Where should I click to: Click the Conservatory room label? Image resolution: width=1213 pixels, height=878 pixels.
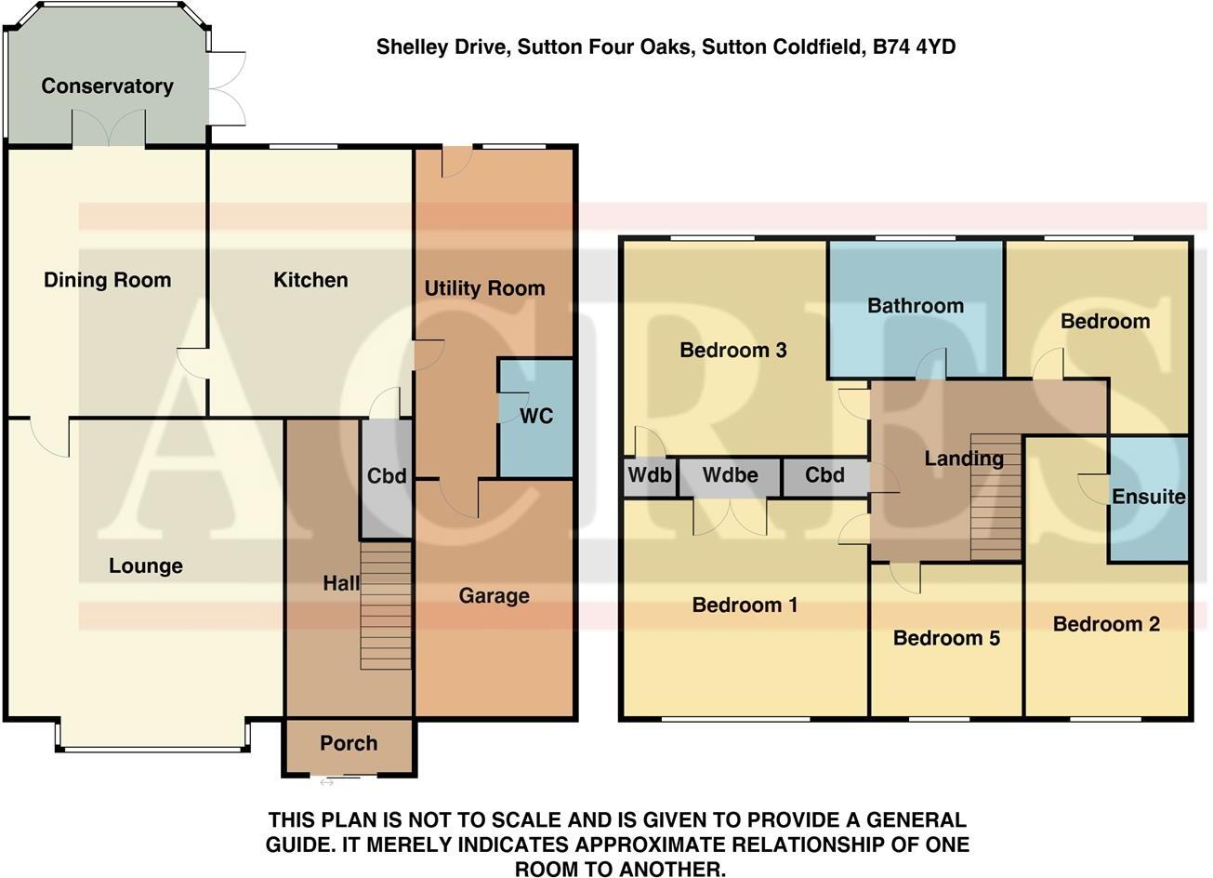pyautogui.click(x=107, y=86)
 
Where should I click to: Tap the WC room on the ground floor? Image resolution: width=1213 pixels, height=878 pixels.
pyautogui.click(x=535, y=416)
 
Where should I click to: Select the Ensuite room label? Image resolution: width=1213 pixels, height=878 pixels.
pyautogui.click(x=1149, y=497)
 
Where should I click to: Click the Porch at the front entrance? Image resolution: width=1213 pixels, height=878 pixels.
pyautogui.click(x=349, y=743)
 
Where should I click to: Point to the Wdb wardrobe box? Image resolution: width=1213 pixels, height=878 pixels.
pyautogui.click(x=649, y=476)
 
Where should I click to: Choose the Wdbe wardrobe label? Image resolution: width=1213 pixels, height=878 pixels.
pyautogui.click(x=730, y=476)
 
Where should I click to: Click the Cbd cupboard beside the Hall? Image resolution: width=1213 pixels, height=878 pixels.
pyautogui.click(x=387, y=476)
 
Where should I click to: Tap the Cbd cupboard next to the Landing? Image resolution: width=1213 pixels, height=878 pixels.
pyautogui.click(x=824, y=476)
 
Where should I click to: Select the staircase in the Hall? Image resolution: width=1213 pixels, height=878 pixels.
pyautogui.click(x=386, y=605)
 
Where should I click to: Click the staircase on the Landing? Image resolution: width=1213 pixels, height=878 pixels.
pyautogui.click(x=995, y=498)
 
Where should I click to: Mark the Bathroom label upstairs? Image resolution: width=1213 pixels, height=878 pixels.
pyautogui.click(x=916, y=306)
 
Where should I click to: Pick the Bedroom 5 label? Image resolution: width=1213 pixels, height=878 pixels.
pyautogui.click(x=946, y=638)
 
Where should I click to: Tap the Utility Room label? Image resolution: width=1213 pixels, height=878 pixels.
pyautogui.click(x=484, y=288)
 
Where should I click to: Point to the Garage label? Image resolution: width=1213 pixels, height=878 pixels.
pyautogui.click(x=494, y=596)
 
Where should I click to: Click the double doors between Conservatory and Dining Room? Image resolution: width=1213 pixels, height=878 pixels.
pyautogui.click(x=110, y=128)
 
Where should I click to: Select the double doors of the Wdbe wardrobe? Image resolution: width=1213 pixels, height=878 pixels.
pyautogui.click(x=730, y=516)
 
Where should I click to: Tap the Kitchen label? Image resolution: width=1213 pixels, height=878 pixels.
pyautogui.click(x=310, y=280)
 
